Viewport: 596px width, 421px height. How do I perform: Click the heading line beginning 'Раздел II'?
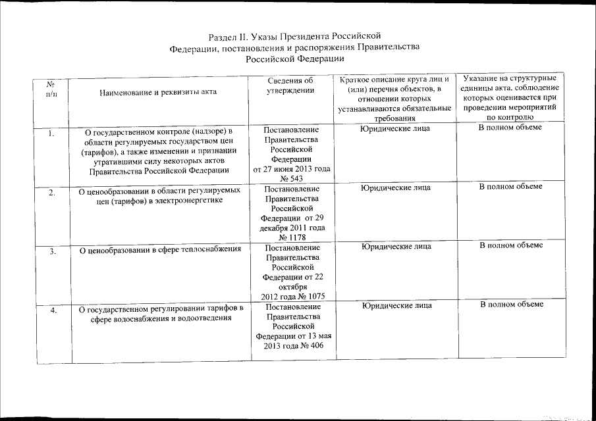(x=294, y=36)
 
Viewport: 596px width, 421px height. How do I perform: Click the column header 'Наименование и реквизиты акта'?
(x=157, y=93)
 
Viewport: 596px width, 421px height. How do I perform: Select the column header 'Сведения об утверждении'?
(x=290, y=86)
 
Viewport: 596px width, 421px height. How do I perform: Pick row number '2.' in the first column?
(x=52, y=193)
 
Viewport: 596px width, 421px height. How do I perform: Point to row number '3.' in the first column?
(x=52, y=251)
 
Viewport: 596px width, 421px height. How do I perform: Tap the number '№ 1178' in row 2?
(x=292, y=237)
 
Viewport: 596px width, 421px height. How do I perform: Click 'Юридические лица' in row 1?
(x=395, y=128)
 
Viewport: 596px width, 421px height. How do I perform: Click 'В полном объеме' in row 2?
(x=510, y=187)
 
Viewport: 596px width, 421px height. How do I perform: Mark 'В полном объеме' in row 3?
(x=511, y=245)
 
